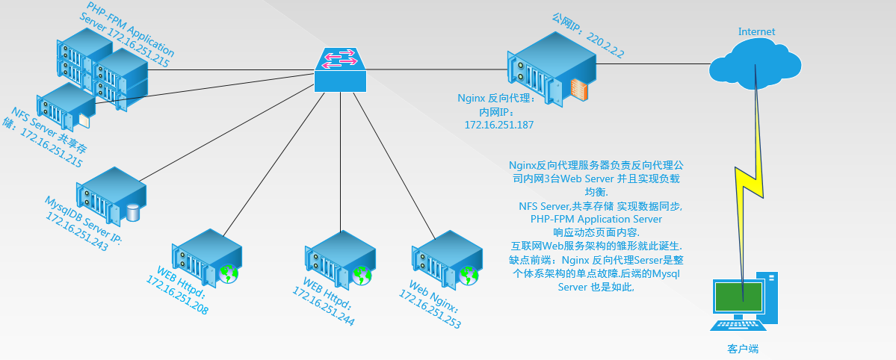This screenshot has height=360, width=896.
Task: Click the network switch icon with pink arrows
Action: pyautogui.click(x=341, y=70)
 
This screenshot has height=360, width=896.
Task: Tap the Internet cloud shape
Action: pyautogui.click(x=756, y=63)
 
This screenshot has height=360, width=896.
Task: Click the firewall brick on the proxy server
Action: pyautogui.click(x=578, y=90)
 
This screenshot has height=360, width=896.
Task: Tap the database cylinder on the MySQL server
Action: pyautogui.click(x=133, y=212)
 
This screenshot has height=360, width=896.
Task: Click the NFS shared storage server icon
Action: pyautogui.click(x=66, y=107)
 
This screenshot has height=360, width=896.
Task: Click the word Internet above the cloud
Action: pyautogui.click(x=756, y=31)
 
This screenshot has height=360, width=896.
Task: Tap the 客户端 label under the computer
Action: pyautogui.click(x=742, y=349)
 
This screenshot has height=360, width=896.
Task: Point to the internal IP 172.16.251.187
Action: pyautogui.click(x=499, y=125)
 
